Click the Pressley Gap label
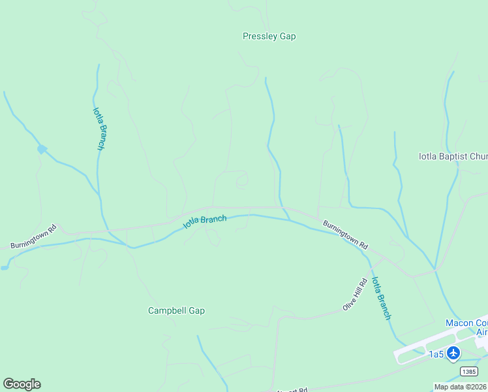tap(269, 37)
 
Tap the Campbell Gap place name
tap(176, 310)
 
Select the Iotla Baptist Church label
tap(453, 157)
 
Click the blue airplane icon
tap(453, 353)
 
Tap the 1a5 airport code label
tap(436, 354)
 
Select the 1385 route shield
tap(468, 371)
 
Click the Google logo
tap(22, 384)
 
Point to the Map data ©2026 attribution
tap(461, 387)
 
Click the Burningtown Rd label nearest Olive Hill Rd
tap(346, 234)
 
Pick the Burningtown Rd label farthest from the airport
tap(34, 237)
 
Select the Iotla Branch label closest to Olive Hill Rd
tap(381, 298)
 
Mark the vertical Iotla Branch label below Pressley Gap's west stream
tap(99, 129)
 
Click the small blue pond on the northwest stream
tap(42, 150)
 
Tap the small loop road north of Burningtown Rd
tap(241, 180)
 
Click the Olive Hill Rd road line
tap(313, 316)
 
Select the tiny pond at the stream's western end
tap(5, 267)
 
